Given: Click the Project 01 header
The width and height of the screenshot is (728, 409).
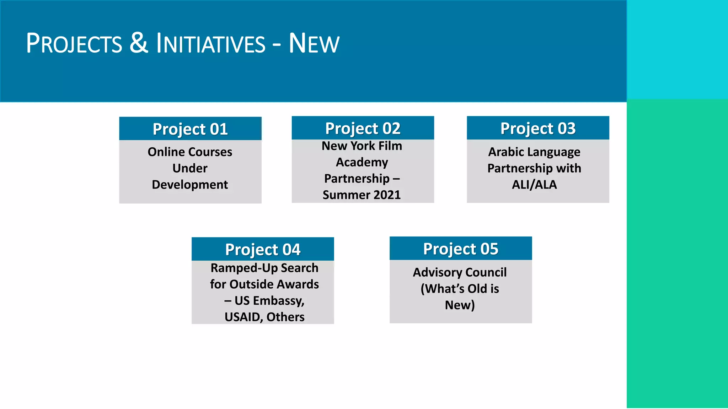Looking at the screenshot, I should [190, 129].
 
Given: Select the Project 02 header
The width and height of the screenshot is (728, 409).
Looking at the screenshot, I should [363, 128].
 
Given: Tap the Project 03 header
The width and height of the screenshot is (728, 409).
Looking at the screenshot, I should [538, 128].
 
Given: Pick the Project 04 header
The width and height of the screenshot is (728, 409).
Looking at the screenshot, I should [263, 249].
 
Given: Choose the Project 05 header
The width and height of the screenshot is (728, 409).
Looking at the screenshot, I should [461, 249].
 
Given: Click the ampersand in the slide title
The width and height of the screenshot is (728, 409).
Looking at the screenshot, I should [139, 43].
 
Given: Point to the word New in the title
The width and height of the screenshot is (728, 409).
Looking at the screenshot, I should [314, 44].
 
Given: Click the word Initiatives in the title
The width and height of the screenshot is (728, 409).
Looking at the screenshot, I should [211, 44].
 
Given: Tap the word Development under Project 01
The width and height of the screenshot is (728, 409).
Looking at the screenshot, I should [190, 185].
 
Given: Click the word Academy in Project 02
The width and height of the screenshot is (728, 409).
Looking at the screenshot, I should [362, 162].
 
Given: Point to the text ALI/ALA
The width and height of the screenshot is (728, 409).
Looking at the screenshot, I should [534, 185].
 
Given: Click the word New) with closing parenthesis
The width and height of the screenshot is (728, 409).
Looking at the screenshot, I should [460, 305].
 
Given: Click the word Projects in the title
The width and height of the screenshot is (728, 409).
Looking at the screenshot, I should [74, 44].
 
